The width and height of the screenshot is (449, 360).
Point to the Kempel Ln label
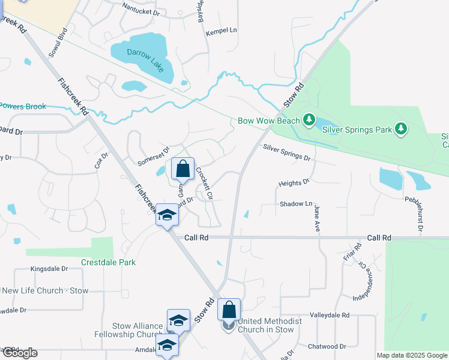tap(222, 31)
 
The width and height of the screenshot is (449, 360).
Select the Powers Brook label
tap(23, 107)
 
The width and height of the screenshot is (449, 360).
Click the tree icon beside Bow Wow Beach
tap(309, 120)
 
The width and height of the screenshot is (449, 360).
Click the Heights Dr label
tap(294, 181)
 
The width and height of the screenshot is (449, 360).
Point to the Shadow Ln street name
tap(296, 204)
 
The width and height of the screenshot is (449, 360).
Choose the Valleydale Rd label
tap(330, 315)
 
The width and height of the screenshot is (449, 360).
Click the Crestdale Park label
tap(109, 262)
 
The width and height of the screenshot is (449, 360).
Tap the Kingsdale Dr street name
tap(50, 269)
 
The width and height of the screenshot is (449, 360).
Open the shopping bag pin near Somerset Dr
tap(183, 169)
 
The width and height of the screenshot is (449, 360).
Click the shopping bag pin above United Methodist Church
tap(229, 310)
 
